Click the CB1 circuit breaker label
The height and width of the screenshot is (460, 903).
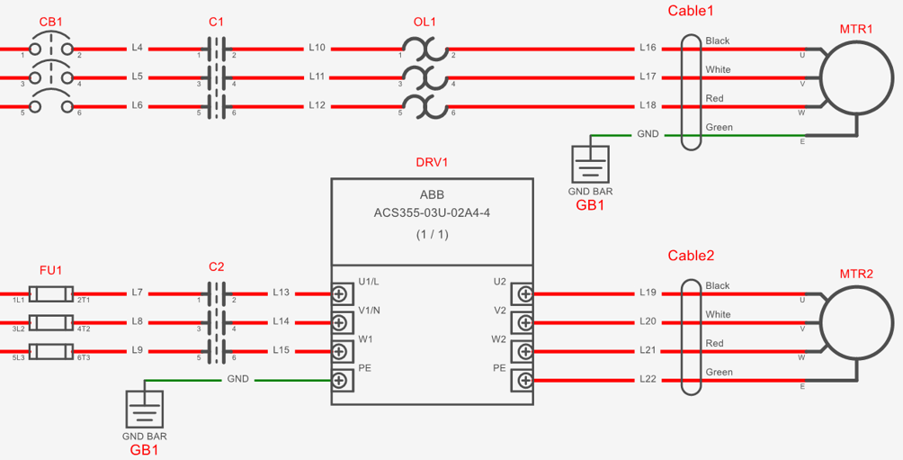coord(50,22)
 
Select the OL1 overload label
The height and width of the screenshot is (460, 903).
coord(425,22)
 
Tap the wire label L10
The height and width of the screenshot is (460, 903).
coord(317,48)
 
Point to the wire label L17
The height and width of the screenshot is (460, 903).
coord(648,77)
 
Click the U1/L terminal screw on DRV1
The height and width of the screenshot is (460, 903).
coord(339,294)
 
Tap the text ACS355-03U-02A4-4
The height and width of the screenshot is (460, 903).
coord(432,214)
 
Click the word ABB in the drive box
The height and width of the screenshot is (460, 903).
coord(432,194)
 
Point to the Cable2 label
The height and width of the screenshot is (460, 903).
coord(691,256)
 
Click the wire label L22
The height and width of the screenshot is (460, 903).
coord(648,380)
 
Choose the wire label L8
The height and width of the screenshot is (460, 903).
coord(137,321)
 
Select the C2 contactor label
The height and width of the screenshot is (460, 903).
coord(217,266)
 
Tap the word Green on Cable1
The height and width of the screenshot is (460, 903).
coord(720,127)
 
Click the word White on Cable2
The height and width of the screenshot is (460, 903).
coord(718,314)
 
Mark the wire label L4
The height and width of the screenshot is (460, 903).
coord(137,48)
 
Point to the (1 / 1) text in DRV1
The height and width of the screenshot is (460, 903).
coord(432,235)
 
